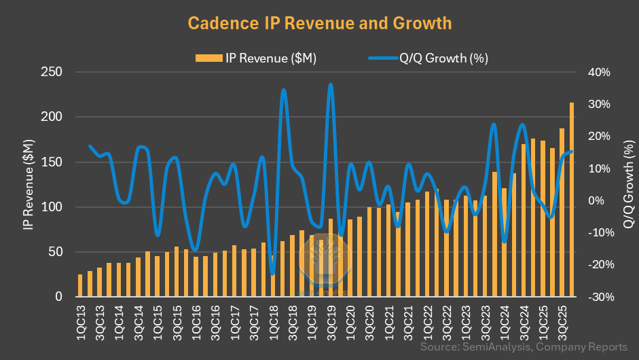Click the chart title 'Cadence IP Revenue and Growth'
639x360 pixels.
[x=319, y=23]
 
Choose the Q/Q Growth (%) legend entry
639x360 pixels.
[x=428, y=58]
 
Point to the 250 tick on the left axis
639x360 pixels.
[x=52, y=72]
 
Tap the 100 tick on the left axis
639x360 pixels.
[x=52, y=207]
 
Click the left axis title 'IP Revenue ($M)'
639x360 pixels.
[x=28, y=184]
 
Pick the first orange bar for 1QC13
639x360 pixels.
[x=80, y=286]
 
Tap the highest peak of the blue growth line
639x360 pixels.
[x=331, y=85]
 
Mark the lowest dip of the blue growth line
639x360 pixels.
[x=272, y=274]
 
